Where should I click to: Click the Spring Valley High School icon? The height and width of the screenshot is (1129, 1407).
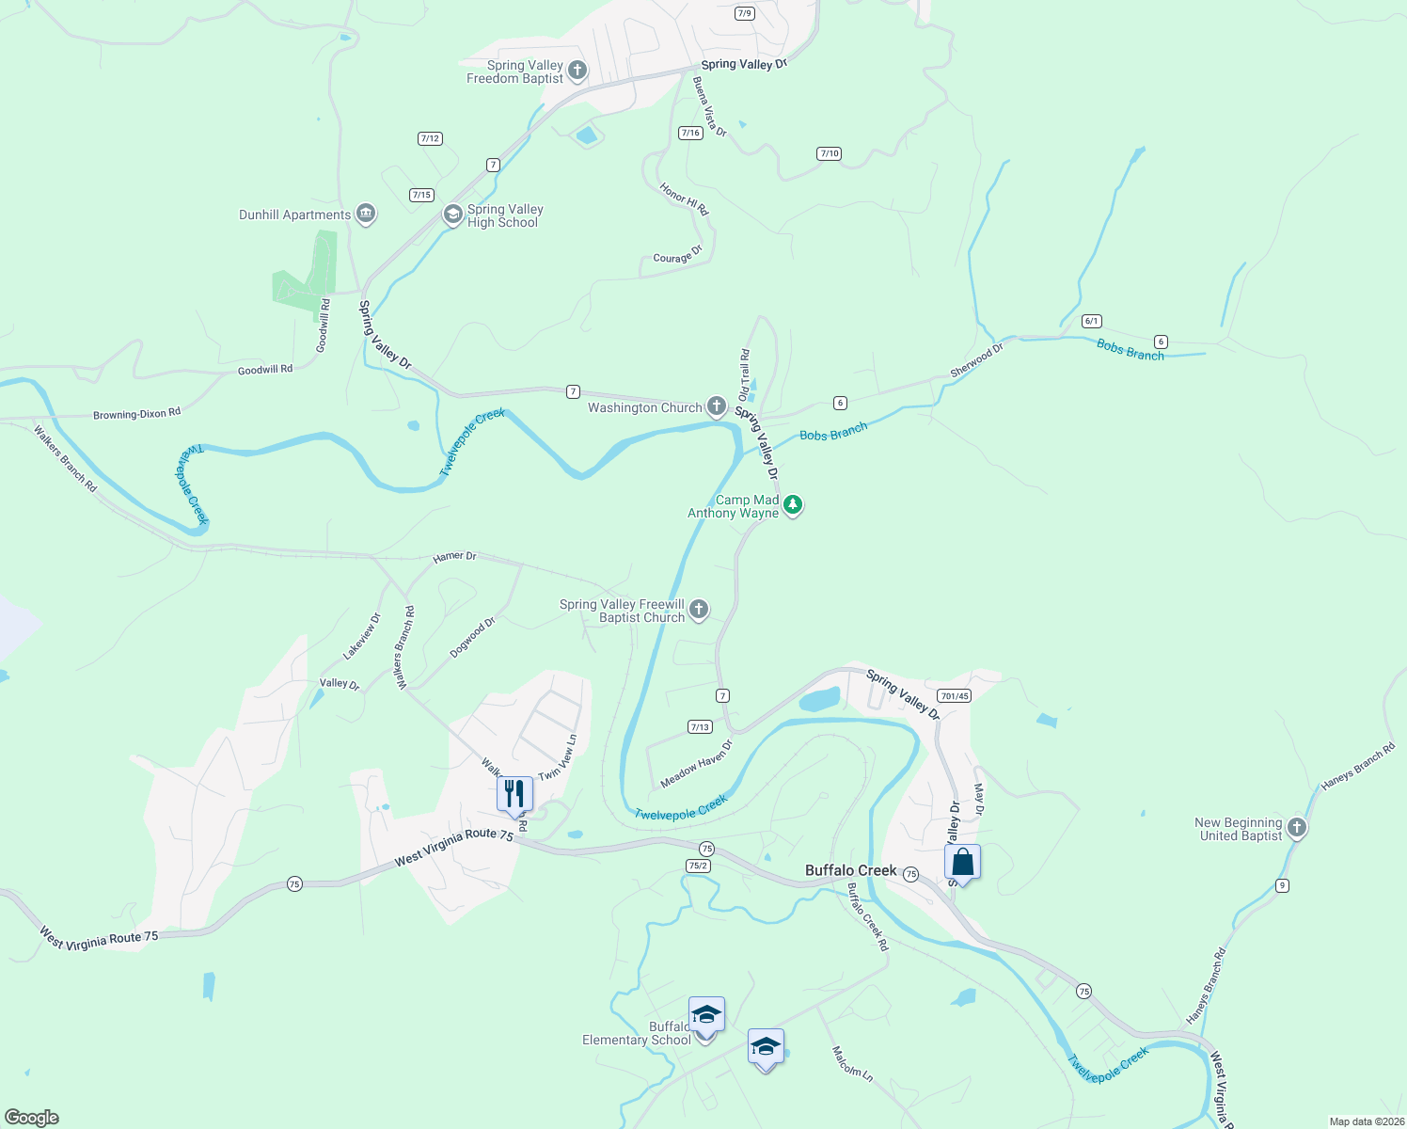452,215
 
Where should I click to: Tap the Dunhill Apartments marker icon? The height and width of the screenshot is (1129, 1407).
366,215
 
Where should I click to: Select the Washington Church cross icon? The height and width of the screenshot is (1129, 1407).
717,406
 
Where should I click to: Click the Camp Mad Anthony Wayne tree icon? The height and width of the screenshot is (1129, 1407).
793,506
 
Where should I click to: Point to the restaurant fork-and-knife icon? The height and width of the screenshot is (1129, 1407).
514,794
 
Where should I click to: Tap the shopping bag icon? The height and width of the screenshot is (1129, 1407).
962,862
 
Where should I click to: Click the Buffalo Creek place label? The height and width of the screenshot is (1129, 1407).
850,870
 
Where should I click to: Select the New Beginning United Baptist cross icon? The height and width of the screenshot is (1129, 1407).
1297,828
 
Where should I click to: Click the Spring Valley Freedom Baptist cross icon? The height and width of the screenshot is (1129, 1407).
577,71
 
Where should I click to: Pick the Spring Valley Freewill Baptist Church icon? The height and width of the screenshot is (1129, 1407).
699,610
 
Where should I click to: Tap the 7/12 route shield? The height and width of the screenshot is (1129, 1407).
430,138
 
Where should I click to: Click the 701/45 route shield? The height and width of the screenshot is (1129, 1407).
954,696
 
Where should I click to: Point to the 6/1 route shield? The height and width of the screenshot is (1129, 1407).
1091,321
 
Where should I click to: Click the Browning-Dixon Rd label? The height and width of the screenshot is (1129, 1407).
136,414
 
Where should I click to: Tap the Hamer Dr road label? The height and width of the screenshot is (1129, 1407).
454,557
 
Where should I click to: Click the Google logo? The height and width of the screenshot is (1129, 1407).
31,1118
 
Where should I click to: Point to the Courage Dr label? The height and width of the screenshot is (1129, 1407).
678,255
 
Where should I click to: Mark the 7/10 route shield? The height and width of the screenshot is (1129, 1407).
829,153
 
